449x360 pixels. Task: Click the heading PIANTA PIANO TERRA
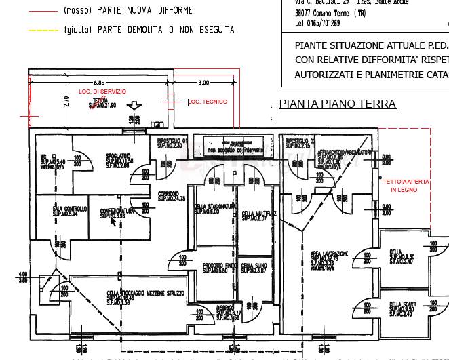coord(337,104)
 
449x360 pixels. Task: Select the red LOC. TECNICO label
coord(207,102)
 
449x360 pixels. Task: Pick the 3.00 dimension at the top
coord(203,83)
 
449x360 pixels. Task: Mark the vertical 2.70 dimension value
coord(66,102)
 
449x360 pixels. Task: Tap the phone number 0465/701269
coord(317,23)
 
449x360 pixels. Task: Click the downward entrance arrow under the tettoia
coord(134,106)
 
